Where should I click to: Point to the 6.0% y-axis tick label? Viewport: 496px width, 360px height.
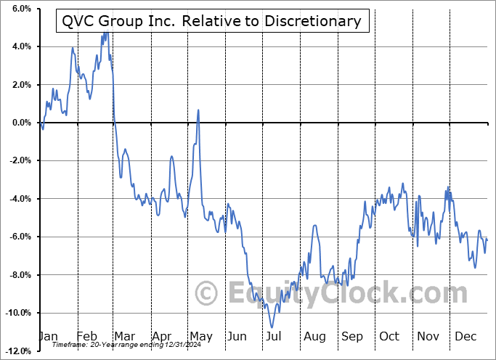[x=20, y=9]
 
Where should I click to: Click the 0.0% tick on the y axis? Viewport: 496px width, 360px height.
[x=20, y=123]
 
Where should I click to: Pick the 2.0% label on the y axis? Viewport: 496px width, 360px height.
[x=20, y=85]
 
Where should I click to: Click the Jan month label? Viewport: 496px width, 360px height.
[x=47, y=337]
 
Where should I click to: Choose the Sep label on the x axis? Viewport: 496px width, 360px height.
[x=352, y=337]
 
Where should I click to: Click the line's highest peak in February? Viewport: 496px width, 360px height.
[x=105, y=33]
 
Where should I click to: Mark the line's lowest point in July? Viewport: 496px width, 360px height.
[x=272, y=327]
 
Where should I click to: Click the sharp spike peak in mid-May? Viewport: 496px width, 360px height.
[x=198, y=110]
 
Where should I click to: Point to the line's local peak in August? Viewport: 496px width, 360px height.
[x=315, y=226]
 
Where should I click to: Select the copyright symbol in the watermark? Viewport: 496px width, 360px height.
[x=207, y=294]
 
